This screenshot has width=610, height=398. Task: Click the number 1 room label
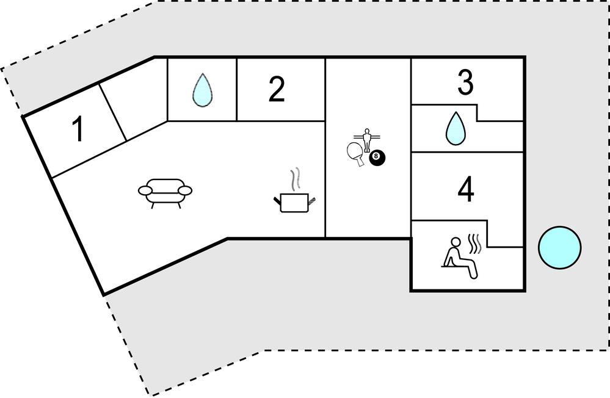coord(78,130)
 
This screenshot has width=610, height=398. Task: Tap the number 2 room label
coord(277,90)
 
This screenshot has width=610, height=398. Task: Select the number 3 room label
coord(466,84)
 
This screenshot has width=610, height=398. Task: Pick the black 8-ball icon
coord(377,158)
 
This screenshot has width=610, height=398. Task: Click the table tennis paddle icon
coord(355,153)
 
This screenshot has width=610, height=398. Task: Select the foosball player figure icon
coord(366,138)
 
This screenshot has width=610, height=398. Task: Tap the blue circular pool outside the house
coord(559,247)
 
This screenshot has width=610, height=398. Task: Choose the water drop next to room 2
coord(202,90)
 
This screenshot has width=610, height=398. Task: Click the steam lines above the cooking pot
coord(296,179)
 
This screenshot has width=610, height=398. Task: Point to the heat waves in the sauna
coord(475,242)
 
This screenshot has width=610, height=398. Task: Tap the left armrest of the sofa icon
coord(147,191)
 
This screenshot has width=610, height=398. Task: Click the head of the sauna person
coord(453,242)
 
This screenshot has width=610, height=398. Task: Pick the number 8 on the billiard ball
coord(376,157)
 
